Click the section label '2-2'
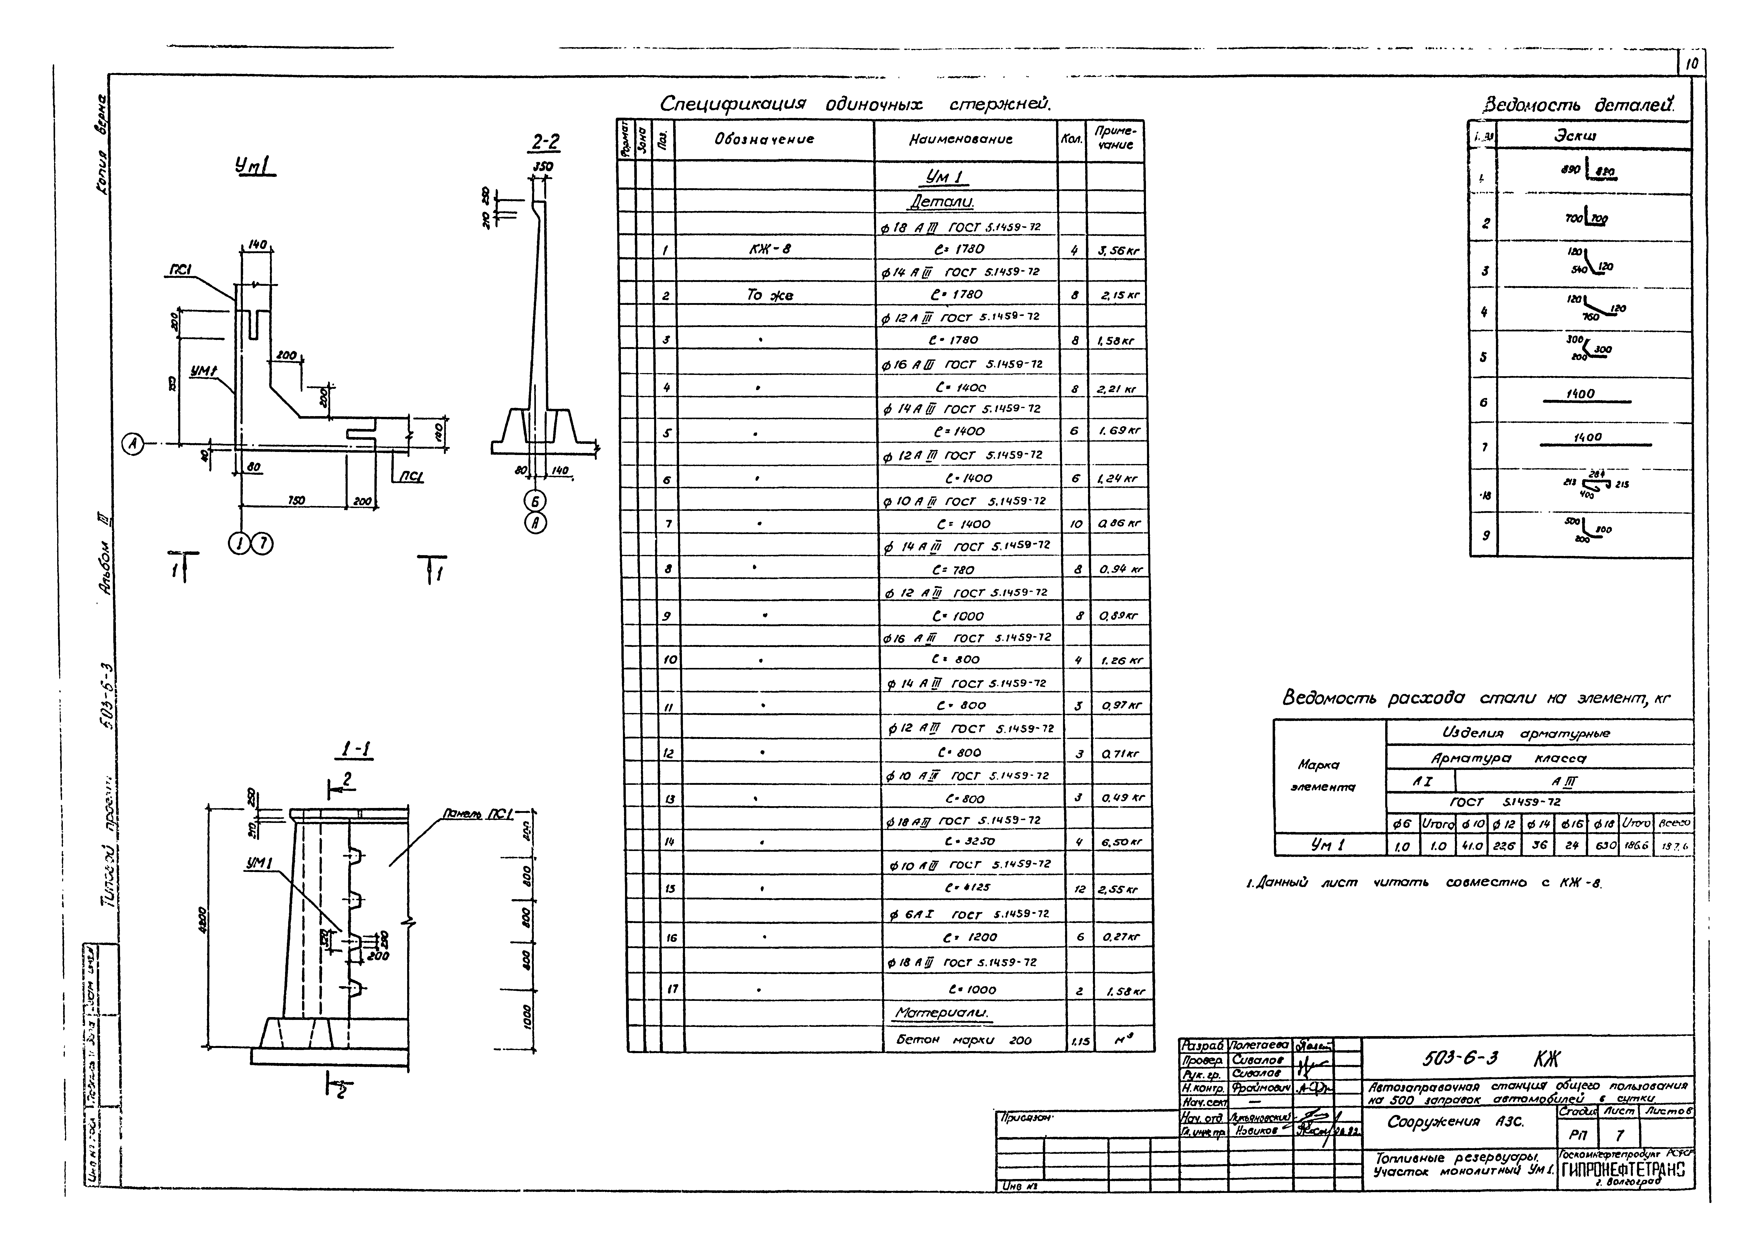[545, 143]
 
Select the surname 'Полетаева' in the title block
[1260, 1046]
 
